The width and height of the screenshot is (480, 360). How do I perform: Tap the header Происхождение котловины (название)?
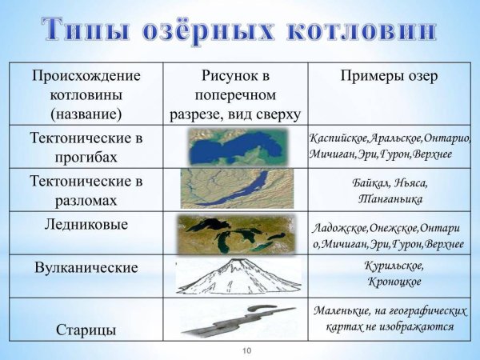tap(86, 94)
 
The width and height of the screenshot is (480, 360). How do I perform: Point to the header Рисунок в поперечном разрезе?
tap(235, 94)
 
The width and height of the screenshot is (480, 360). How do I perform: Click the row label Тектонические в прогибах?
tap(86, 146)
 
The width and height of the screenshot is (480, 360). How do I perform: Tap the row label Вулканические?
tap(86, 267)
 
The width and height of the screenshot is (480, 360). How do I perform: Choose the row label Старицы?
tap(86, 329)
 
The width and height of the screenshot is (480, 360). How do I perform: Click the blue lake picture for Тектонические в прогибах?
tap(234, 146)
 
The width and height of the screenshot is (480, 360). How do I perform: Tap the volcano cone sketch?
tap(236, 276)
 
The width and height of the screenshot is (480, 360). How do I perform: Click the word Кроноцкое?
tap(390, 282)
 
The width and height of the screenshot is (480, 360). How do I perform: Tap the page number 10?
tap(246, 350)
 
